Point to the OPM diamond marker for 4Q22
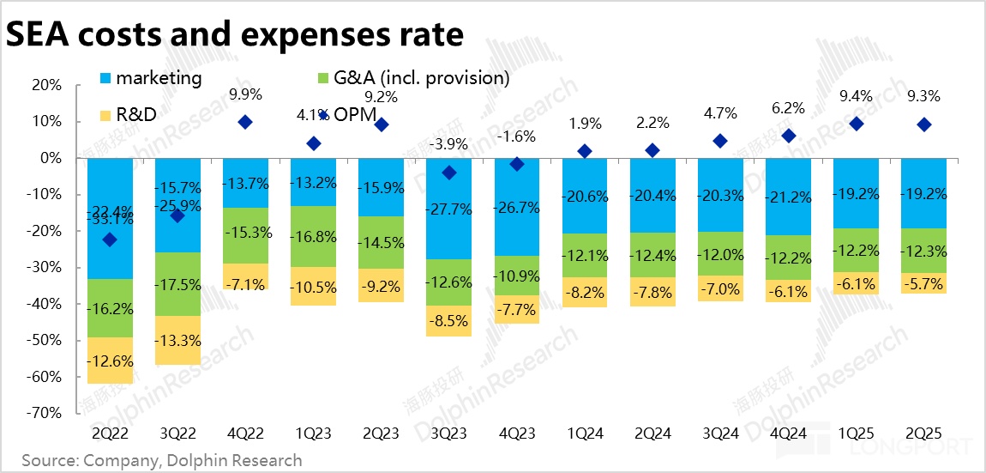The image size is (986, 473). [245, 122]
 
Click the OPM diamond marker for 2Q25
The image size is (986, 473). [924, 124]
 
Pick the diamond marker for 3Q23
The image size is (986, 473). [449, 173]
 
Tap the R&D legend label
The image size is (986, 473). [136, 114]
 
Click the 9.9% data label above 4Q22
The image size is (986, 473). [245, 94]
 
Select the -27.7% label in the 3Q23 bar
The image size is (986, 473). [449, 209]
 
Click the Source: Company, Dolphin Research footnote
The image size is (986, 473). [162, 460]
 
